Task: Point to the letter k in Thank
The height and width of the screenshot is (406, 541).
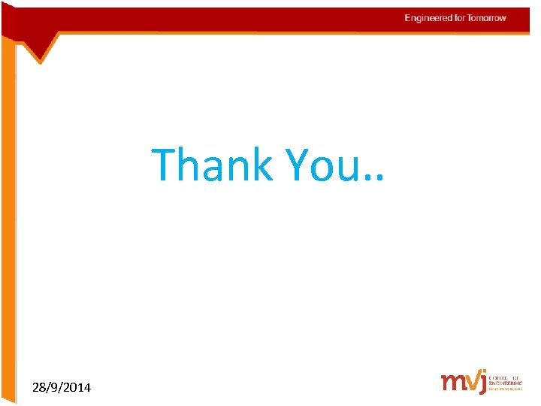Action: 260,165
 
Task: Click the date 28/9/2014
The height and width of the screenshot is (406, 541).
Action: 62,388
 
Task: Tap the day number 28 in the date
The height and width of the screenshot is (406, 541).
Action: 39,388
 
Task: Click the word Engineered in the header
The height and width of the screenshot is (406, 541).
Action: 428,18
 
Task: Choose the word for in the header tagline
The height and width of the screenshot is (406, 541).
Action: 459,18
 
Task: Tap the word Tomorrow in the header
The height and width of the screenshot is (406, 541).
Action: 488,18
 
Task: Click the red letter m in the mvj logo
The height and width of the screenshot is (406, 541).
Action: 452,382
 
